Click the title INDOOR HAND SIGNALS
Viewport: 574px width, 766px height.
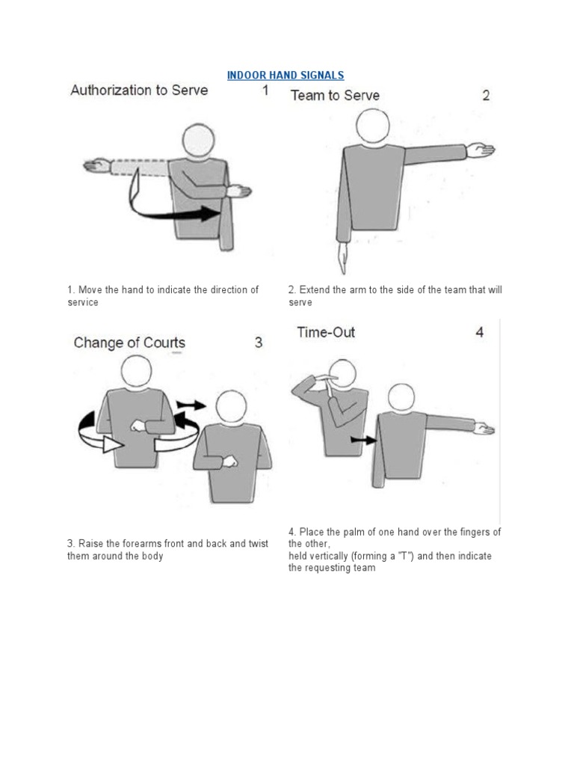click(286, 75)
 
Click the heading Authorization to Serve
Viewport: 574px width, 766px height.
click(139, 91)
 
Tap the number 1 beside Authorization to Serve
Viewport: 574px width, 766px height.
click(265, 91)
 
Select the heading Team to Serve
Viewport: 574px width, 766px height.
click(334, 95)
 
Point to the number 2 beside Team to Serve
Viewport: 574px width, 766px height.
click(486, 95)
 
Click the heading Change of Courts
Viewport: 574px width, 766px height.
click(129, 343)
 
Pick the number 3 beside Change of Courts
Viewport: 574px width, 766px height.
click(259, 343)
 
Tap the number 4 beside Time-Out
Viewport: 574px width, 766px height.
click(480, 332)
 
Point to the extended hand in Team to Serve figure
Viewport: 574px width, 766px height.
click(481, 150)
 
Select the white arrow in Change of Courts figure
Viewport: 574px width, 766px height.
click(108, 444)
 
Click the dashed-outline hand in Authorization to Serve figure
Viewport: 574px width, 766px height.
click(97, 165)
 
